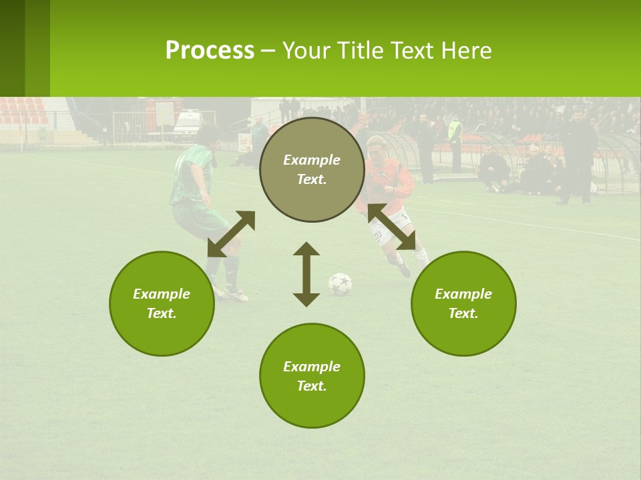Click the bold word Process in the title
click(210, 51)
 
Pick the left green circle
click(162, 303)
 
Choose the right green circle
click(463, 303)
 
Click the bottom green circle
click(312, 375)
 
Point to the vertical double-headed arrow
click(306, 274)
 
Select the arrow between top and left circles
click(231, 234)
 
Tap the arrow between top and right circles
click(392, 227)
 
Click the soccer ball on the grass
click(340, 283)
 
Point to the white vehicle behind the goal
click(188, 124)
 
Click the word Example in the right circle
click(463, 294)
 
